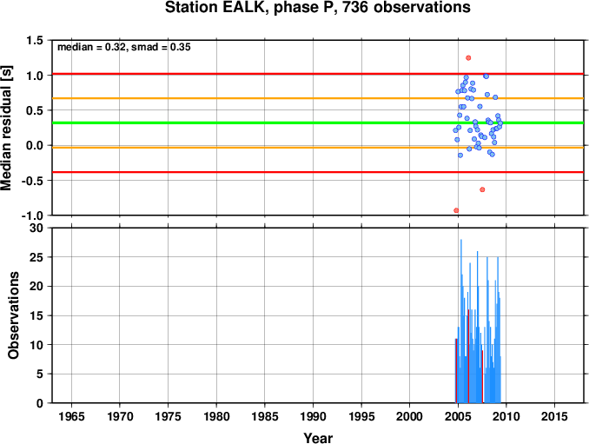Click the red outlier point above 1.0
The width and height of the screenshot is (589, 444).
(468, 58)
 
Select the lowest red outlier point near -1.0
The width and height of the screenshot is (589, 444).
(456, 210)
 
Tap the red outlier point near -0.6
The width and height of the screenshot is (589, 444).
(482, 189)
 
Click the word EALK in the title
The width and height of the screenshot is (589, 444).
(245, 8)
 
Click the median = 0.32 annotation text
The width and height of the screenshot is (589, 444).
(91, 47)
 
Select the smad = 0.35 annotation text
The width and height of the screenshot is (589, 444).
(161, 47)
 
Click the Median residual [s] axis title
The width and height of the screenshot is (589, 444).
(6, 129)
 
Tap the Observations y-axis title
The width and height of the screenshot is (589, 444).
(14, 315)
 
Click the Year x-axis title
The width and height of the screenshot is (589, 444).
(318, 438)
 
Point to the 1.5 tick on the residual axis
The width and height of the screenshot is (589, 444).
(35, 40)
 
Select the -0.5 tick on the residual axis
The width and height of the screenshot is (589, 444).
(32, 181)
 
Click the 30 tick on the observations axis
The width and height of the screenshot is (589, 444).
(36, 228)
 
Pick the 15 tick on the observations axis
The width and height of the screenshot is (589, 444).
(36, 315)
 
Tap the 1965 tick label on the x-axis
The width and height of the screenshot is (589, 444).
(71, 416)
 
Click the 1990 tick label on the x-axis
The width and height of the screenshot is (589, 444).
(314, 416)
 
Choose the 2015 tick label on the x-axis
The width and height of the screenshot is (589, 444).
(554, 416)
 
